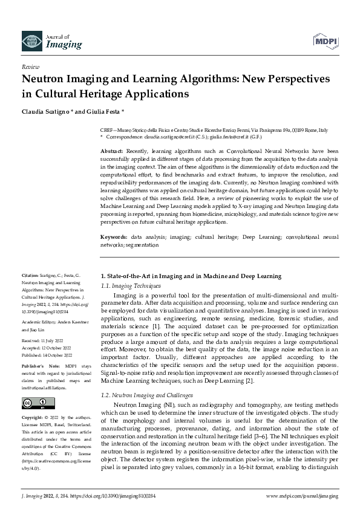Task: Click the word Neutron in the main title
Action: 45,79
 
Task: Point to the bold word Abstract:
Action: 112,150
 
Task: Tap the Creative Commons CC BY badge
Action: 34,404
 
